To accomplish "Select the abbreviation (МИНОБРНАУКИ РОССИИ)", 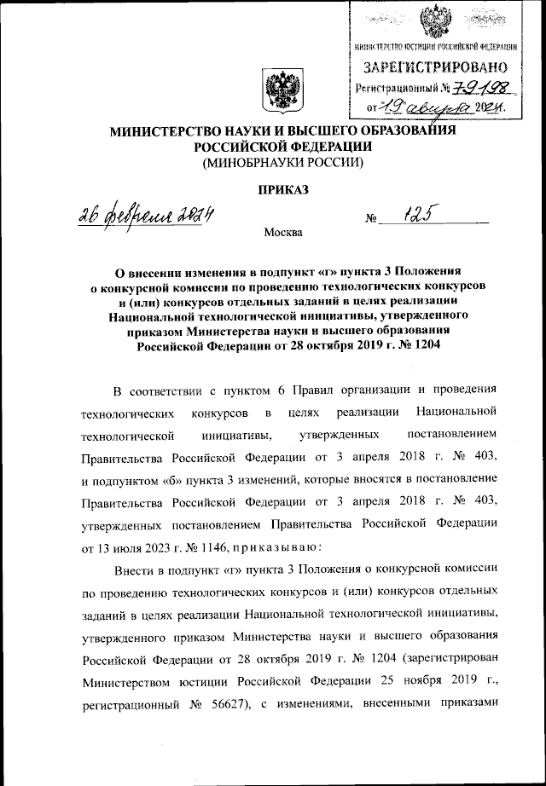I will pos(282,162).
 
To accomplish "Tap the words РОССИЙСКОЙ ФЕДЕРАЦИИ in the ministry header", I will pos(282,146).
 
